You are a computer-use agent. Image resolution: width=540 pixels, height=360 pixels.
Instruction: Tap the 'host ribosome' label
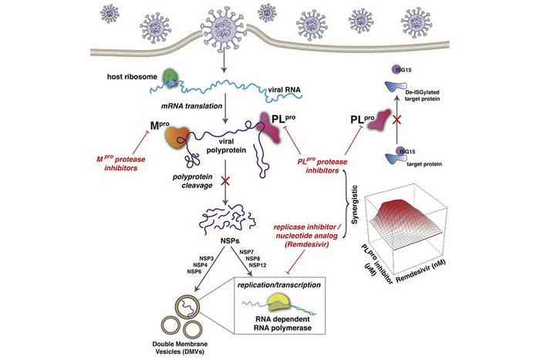[130, 77]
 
